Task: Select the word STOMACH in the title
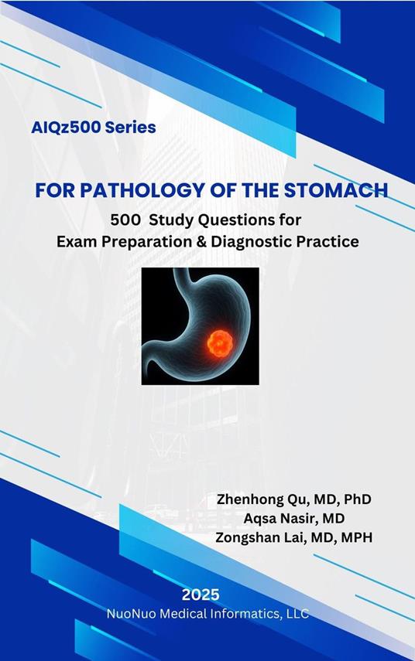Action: pyautogui.click(x=338, y=190)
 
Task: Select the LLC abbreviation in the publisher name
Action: pyautogui.click(x=297, y=614)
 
